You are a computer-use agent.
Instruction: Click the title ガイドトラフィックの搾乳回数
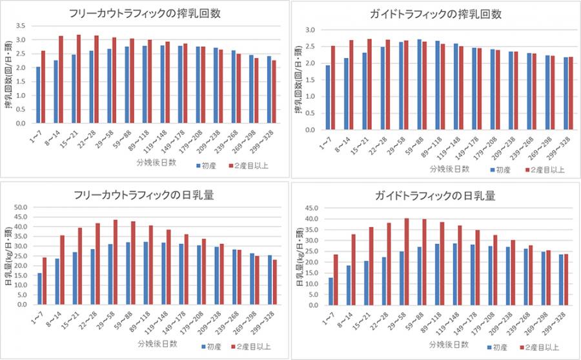pyautogui.click(x=438, y=14)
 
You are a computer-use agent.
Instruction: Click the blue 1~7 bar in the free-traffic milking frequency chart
pyautogui.click(x=38, y=95)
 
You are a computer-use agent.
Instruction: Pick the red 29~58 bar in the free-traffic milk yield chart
pyautogui.click(x=116, y=262)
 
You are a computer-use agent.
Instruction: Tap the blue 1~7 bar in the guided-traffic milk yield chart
pyautogui.click(x=331, y=291)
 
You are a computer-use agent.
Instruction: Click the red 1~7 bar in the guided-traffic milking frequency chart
pyautogui.click(x=333, y=88)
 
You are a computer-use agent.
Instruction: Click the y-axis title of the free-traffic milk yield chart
pyautogui.click(x=8, y=255)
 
